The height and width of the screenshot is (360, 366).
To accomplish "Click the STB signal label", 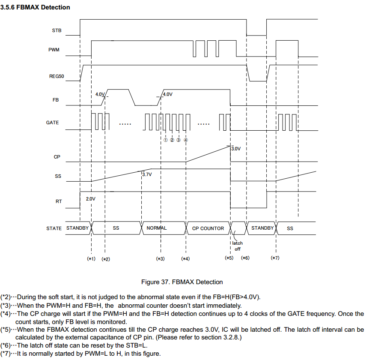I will (57, 30).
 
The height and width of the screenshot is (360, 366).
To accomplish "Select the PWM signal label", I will (54, 50).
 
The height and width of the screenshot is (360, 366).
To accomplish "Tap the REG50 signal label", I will (57, 76).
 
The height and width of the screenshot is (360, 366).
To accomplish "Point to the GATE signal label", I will (53, 123).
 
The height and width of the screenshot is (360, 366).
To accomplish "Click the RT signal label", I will (59, 201).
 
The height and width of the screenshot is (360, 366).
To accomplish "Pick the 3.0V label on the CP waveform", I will (236, 149).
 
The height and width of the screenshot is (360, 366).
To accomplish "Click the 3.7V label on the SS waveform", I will (147, 175).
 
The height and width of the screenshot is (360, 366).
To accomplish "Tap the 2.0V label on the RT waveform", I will (91, 199).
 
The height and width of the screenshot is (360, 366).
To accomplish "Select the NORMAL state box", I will (157, 228).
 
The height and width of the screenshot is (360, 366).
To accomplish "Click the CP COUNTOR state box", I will (208, 228).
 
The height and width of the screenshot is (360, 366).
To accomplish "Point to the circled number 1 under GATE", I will (165, 140).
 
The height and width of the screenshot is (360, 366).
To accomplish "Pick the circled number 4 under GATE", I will (186, 140).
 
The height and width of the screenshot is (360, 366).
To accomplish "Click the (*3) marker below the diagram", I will (160, 258).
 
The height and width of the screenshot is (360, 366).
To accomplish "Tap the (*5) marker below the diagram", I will (229, 258).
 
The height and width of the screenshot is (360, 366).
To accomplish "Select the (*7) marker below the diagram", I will (275, 258).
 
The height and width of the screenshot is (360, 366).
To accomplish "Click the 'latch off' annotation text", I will (237, 246).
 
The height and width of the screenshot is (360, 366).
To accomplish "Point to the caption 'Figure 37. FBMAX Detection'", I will (182, 282).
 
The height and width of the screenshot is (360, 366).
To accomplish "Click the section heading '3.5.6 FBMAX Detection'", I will (36, 7).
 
